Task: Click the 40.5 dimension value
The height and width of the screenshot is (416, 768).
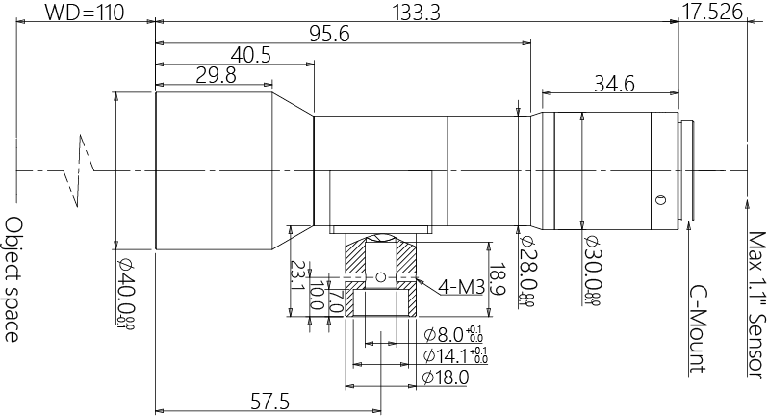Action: click(250, 56)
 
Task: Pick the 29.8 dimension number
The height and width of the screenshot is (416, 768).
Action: click(215, 77)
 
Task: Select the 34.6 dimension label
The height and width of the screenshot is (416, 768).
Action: click(614, 84)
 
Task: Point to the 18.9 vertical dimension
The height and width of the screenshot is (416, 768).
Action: click(497, 279)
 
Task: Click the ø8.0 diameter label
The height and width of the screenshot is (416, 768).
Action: click(453, 335)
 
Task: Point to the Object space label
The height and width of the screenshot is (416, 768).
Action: click(13, 278)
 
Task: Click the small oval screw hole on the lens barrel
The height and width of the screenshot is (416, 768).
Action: click(659, 201)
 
